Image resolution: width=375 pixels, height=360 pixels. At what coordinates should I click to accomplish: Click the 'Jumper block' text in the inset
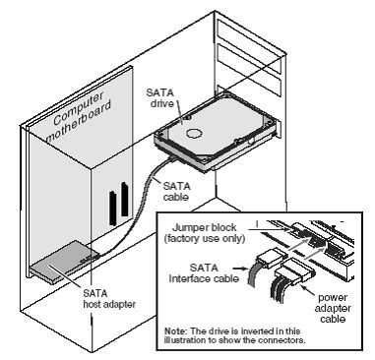tap(192, 227)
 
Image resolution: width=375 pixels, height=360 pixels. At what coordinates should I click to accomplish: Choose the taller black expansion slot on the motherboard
tap(128, 197)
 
